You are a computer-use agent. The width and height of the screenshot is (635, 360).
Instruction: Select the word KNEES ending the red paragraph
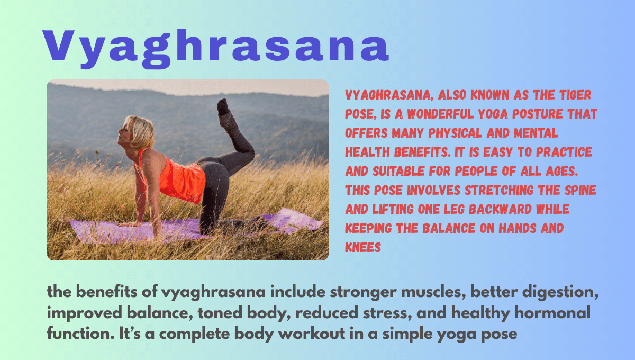[x=363, y=247]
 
